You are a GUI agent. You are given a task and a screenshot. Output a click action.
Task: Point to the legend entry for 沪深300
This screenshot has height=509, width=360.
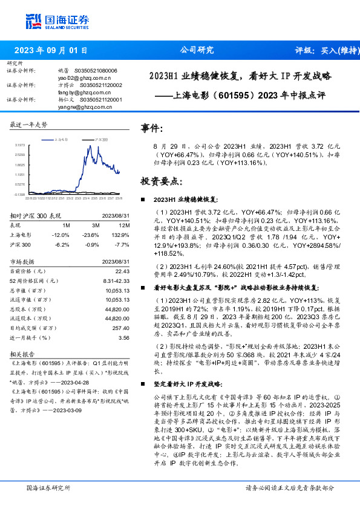pyautogui.click(x=100, y=139)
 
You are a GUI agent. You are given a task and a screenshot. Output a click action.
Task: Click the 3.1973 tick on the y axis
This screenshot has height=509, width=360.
pyautogui.click(x=19, y=146)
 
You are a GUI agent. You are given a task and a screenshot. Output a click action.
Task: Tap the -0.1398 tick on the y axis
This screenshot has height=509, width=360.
pyautogui.click(x=19, y=194)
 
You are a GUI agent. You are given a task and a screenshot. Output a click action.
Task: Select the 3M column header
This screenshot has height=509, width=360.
pyautogui.click(x=94, y=225)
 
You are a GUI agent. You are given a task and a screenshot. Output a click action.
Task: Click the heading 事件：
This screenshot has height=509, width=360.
pyautogui.click(x=152, y=129)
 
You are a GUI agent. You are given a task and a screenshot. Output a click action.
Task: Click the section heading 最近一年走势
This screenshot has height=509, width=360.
pyautogui.click(x=28, y=125)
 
